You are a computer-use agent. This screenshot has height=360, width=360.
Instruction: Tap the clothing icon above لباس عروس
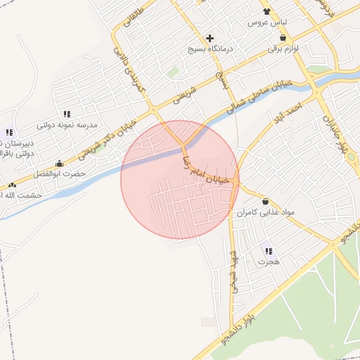(x=266, y=11)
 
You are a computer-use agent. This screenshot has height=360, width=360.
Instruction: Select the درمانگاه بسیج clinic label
(x=210, y=50)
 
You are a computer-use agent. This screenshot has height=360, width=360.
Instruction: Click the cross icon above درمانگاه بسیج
(x=210, y=38)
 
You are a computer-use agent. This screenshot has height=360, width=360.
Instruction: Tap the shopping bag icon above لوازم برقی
(x=283, y=38)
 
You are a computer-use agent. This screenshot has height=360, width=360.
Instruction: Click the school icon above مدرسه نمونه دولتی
(x=67, y=113)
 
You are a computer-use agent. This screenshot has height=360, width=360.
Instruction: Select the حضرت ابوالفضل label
(x=63, y=173)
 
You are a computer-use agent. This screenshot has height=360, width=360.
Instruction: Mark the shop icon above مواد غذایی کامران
(x=265, y=200)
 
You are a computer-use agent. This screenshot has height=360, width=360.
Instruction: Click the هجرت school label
(x=269, y=262)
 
